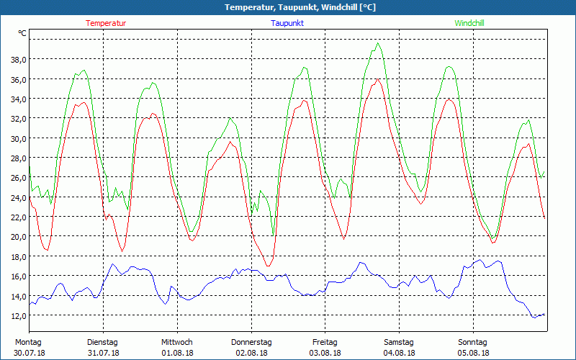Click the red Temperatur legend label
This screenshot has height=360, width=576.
tap(106, 23)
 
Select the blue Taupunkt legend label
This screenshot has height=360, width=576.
tap(287, 23)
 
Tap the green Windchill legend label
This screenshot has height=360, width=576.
tap(469, 23)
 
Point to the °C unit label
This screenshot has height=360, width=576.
tap(22, 33)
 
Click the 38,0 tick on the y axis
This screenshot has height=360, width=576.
tap(18, 59)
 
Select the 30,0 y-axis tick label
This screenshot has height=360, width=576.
tap(18, 138)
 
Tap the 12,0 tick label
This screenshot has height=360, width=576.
tap(18, 315)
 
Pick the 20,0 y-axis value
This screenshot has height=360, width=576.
tap(18, 237)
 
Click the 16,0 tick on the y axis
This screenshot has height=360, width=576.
tap(18, 276)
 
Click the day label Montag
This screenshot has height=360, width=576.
tap(28, 342)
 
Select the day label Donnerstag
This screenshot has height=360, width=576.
tap(251, 342)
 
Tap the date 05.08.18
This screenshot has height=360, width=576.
tap(473, 353)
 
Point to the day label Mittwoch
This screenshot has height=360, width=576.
tap(177, 342)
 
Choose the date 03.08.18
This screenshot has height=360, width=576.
tap(325, 353)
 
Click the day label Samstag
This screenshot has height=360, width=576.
tap(399, 342)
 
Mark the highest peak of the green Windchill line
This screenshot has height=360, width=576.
tap(378, 43)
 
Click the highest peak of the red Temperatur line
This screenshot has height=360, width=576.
tap(377, 79)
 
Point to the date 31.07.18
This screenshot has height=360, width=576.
tap(103, 353)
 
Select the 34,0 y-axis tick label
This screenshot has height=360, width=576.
tap(18, 99)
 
